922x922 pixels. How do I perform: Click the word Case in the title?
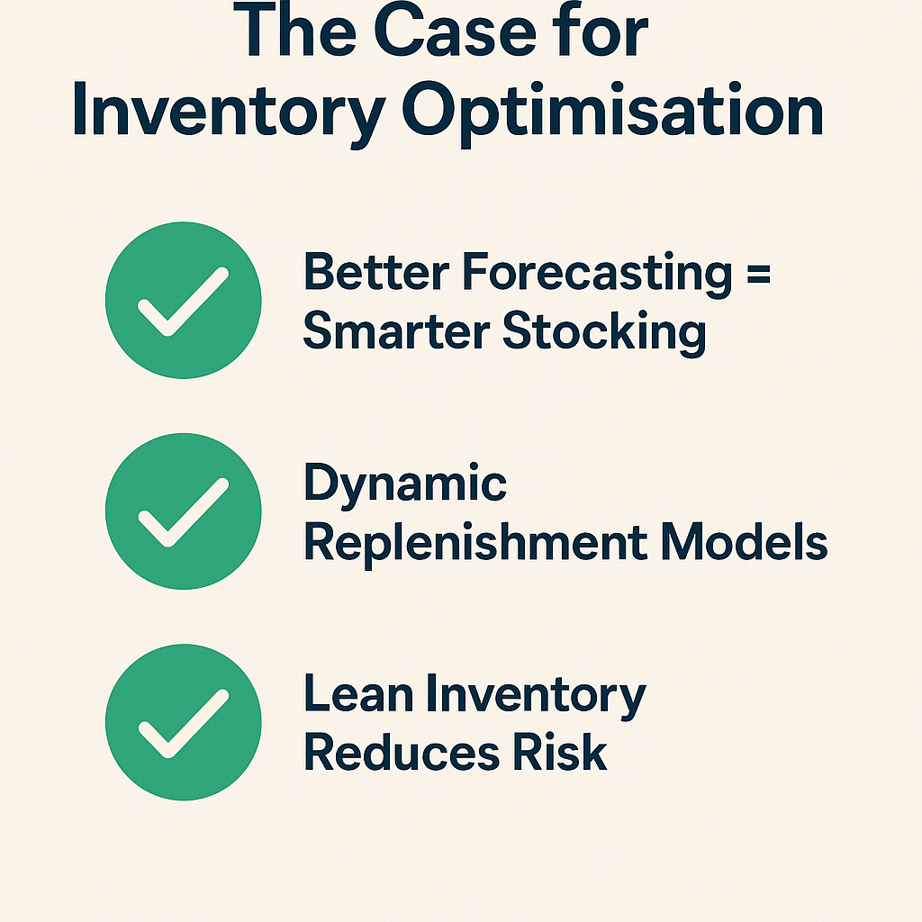pyautogui.click(x=455, y=32)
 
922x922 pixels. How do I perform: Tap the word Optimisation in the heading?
pyautogui.click(x=612, y=113)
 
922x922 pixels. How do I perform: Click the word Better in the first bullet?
pyautogui.click(x=376, y=272)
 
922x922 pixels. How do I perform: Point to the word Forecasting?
pyautogui.click(x=598, y=275)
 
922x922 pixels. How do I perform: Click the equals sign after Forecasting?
pyautogui.click(x=758, y=274)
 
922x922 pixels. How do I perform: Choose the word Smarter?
pyautogui.click(x=396, y=331)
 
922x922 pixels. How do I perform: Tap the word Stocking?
pyautogui.click(x=604, y=333)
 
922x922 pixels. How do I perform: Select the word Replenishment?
pyautogui.click(x=475, y=543)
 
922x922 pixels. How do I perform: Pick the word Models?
pyautogui.click(x=745, y=541)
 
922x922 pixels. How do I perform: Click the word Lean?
pyautogui.click(x=358, y=694)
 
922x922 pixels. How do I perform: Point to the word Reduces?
pyautogui.click(x=402, y=752)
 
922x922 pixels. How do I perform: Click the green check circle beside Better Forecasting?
pyautogui.click(x=184, y=300)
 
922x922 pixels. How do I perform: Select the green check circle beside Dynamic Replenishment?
pyautogui.click(x=184, y=511)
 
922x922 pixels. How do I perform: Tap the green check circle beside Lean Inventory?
pyautogui.click(x=184, y=722)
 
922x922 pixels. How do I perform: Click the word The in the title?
pyautogui.click(x=294, y=30)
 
